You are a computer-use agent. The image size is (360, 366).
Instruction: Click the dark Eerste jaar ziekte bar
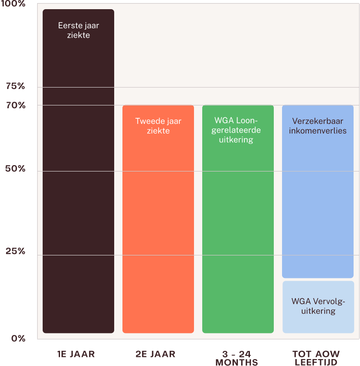pyautogui.click(x=78, y=171)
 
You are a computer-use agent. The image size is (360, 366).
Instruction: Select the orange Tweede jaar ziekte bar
pyautogui.click(x=158, y=219)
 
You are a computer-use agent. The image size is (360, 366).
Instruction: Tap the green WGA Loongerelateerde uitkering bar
pyautogui.click(x=238, y=219)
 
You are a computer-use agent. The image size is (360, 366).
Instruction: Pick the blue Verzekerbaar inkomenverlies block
pyautogui.click(x=318, y=191)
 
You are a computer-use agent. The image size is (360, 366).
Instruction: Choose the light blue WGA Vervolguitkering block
pyautogui.click(x=318, y=307)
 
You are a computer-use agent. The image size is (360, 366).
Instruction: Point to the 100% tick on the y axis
pyautogui.click(x=13, y=4)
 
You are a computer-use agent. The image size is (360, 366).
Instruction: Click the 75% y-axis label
pyautogui.click(x=16, y=86)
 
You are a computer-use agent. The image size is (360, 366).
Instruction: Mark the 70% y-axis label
pyautogui.click(x=16, y=105)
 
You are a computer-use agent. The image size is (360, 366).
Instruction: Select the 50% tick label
pyautogui.click(x=15, y=168)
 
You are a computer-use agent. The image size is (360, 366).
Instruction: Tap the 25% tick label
pyautogui.click(x=16, y=251)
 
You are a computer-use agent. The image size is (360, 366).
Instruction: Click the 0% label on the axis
pyautogui.click(x=18, y=338)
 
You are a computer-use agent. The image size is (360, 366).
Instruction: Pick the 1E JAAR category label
pyautogui.click(x=76, y=354)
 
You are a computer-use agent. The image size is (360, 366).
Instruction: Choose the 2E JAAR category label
pyautogui.click(x=155, y=354)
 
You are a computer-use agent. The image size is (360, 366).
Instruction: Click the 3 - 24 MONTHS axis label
pyautogui.click(x=237, y=358)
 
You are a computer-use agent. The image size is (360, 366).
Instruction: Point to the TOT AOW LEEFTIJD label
pyautogui.click(x=316, y=358)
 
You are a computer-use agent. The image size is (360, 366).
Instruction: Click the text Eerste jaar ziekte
pyautogui.click(x=78, y=30)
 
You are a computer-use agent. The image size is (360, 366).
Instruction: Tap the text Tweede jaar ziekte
pyautogui.click(x=158, y=126)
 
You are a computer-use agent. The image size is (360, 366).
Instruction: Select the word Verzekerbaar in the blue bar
pyautogui.click(x=318, y=121)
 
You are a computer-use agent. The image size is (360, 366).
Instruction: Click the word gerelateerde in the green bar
pyautogui.click(x=236, y=130)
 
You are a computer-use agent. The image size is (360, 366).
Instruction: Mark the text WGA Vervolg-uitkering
pyautogui.click(x=318, y=306)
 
